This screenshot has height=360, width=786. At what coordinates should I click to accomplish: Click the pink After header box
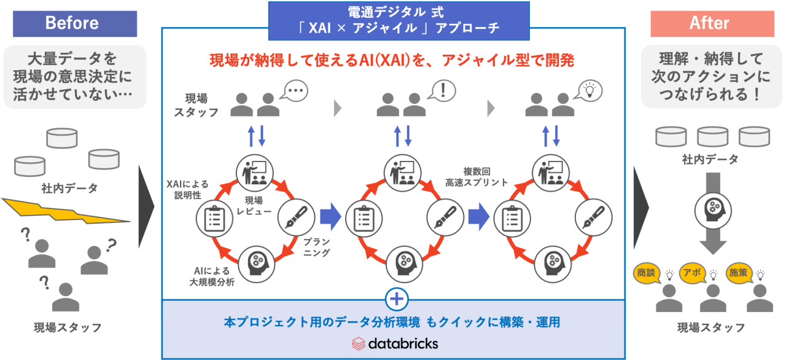click(x=709, y=23)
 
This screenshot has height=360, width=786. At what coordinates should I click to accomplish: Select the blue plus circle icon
click(x=396, y=299)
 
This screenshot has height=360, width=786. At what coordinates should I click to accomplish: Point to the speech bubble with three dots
click(x=294, y=90)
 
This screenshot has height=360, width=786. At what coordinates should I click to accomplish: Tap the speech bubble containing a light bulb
click(x=588, y=90)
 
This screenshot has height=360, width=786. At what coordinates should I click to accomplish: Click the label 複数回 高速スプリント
click(x=477, y=177)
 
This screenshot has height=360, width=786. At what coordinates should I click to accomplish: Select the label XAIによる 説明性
click(x=187, y=189)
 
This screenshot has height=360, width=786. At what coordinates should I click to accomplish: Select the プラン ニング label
click(x=317, y=247)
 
